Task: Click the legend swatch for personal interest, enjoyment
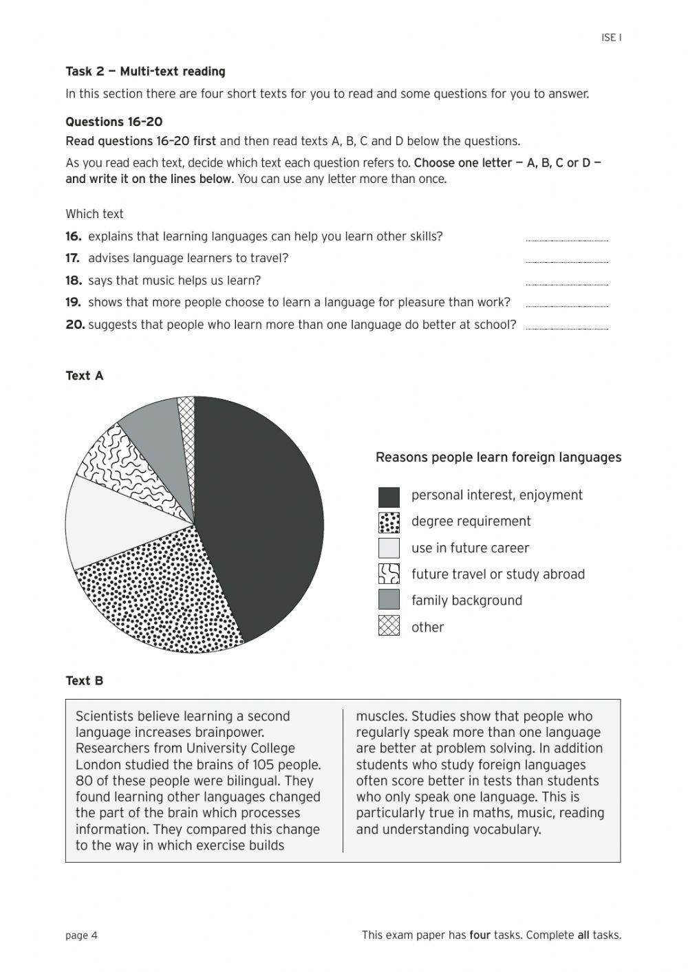click(389, 496)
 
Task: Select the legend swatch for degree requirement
click(389, 522)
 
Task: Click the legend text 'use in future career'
click(470, 548)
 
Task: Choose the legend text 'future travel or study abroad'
click(497, 574)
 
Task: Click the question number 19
click(74, 302)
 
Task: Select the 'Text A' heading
click(84, 376)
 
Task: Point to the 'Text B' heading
click(84, 680)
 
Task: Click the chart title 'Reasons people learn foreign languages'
click(498, 457)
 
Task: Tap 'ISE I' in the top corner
click(611, 38)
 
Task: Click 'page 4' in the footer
click(81, 935)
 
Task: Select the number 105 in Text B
click(264, 765)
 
